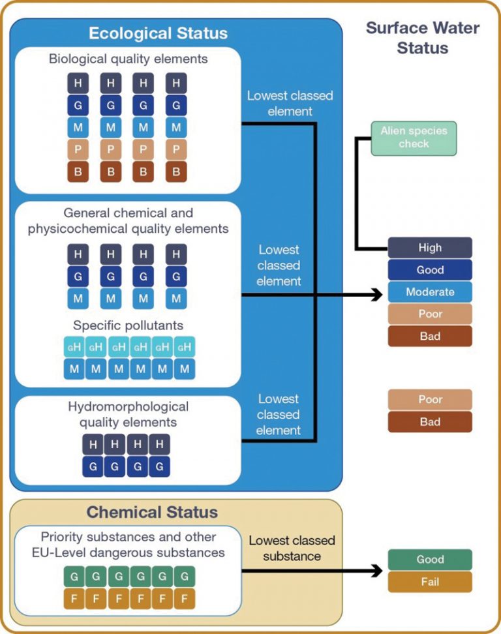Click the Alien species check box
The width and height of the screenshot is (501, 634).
414,138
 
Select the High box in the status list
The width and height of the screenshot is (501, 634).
430,248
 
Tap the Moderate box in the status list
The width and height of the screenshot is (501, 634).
430,292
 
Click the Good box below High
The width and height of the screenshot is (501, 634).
430,270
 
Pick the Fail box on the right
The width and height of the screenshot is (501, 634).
430,582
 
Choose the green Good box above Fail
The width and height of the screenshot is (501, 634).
430,560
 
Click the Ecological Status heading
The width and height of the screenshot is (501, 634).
159,33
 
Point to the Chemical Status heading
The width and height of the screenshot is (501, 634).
152,512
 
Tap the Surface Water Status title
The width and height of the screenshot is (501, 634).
422,38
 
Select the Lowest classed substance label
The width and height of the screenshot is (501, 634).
292,549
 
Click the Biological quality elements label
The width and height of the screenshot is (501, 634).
129,59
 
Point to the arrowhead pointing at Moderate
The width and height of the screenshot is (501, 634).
377,295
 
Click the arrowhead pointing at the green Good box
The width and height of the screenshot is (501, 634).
377,571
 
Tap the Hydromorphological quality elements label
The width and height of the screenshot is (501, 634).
129,414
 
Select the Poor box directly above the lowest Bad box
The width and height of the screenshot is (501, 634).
430,400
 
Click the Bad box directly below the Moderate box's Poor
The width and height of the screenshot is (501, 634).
430,337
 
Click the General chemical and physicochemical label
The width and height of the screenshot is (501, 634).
129,221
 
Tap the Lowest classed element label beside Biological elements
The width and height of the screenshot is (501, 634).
290,103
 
